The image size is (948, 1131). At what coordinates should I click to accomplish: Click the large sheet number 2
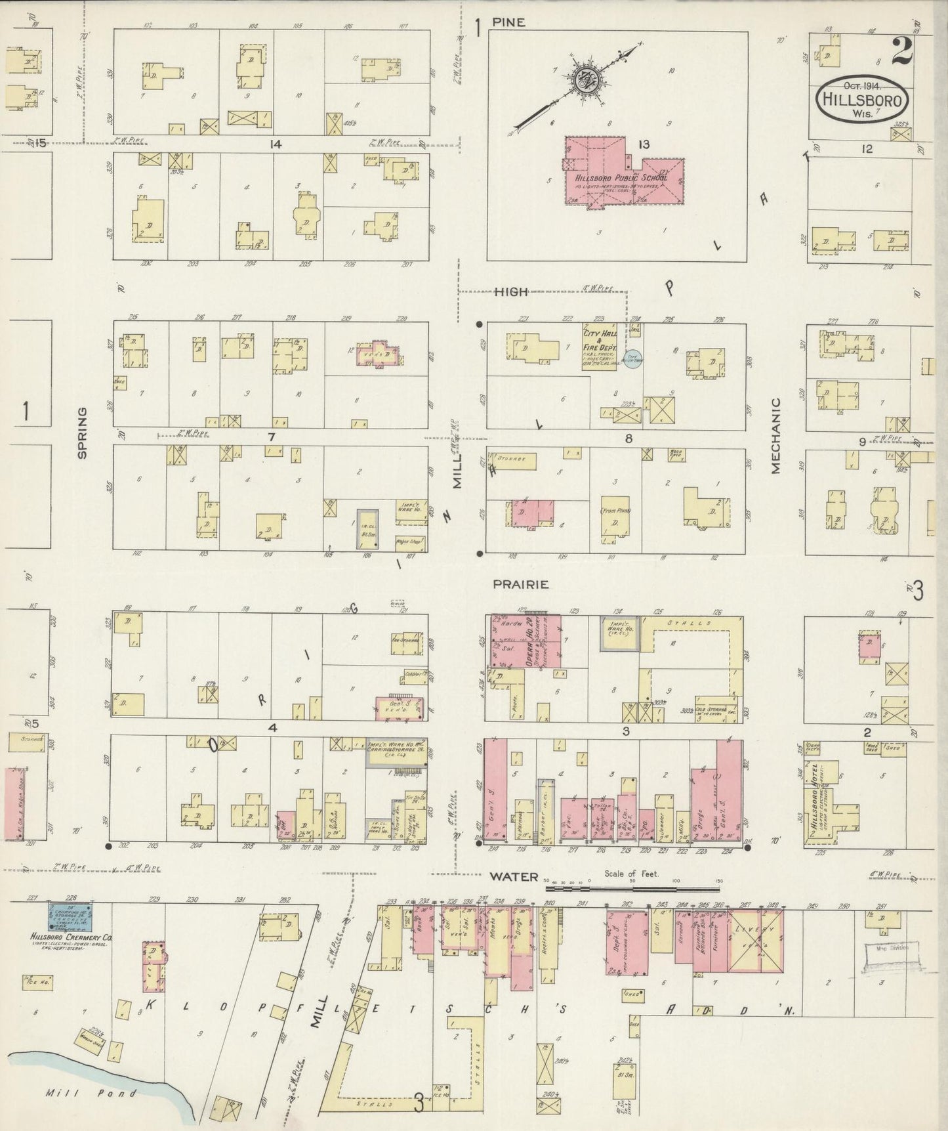coord(902,51)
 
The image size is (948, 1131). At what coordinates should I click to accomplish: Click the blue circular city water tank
coord(632,360)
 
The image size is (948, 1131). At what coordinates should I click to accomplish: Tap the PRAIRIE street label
coord(522,584)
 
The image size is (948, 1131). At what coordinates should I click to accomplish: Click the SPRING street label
coord(83,433)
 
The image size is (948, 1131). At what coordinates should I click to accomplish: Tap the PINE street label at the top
coord(510,22)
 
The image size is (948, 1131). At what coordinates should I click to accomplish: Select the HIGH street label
coord(512,292)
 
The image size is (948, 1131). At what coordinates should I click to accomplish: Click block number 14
coord(275,143)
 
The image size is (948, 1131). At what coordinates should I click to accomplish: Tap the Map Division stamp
coord(892,949)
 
